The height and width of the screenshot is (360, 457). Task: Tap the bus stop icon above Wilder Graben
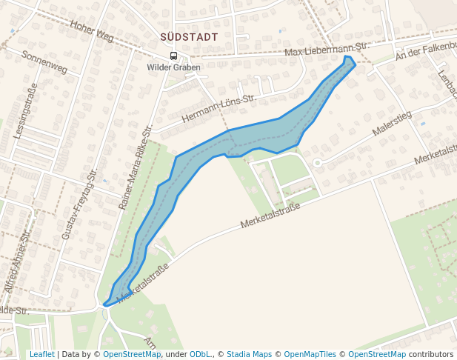pos(173,56)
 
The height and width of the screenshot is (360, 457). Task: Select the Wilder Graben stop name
pos(173,67)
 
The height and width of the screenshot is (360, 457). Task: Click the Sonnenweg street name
pos(44,62)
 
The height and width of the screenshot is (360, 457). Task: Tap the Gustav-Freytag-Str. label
pos(79,204)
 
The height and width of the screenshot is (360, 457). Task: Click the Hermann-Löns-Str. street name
pos(218,108)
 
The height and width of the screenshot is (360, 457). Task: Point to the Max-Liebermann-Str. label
pos(327,50)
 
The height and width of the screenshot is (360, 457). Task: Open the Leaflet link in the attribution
pos(41,354)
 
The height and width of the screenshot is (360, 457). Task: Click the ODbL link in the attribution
pos(199,354)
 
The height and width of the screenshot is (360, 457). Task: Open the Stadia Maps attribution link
pos(249,354)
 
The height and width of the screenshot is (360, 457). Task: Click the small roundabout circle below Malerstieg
pos(317,162)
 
